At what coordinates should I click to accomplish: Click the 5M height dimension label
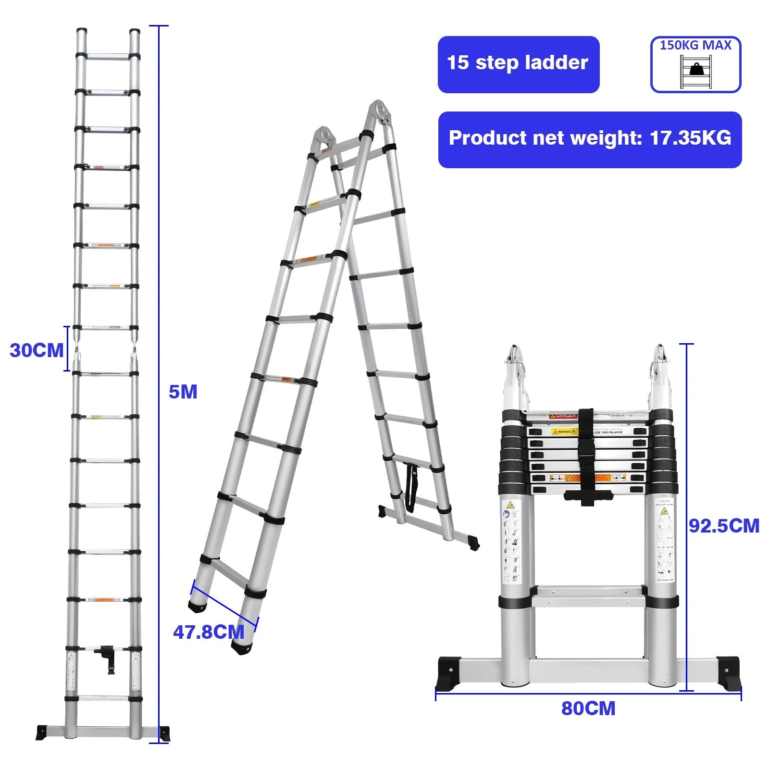(183, 392)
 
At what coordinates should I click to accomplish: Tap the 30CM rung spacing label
(37, 350)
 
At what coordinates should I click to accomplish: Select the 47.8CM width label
(209, 632)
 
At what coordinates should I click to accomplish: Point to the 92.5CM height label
(724, 526)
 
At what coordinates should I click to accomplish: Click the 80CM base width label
(588, 708)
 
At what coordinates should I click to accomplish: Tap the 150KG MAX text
(695, 46)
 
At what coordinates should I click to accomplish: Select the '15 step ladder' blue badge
(518, 64)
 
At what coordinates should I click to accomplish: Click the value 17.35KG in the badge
(690, 138)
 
